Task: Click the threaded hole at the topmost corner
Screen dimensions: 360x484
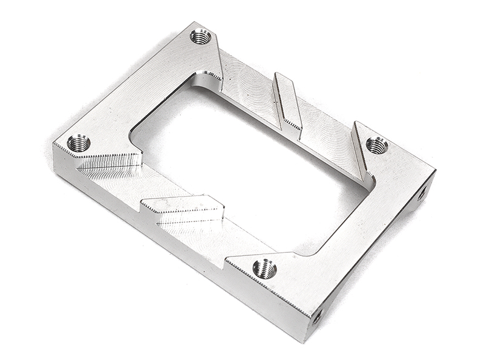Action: coord(200,36)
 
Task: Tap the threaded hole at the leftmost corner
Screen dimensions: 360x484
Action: coord(79,143)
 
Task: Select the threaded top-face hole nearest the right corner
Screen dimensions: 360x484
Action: coord(376,145)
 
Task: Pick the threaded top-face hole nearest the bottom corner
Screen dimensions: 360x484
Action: coord(264,268)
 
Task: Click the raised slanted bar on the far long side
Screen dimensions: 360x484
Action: coord(288,100)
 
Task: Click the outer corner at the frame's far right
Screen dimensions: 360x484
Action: coord(435,170)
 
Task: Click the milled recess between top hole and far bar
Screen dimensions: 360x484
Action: coord(248,85)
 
